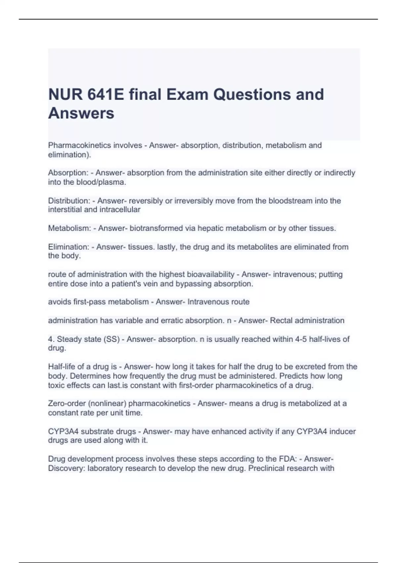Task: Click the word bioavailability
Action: click(211, 275)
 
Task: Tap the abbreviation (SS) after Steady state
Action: click(111, 339)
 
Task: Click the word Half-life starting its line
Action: click(62, 367)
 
